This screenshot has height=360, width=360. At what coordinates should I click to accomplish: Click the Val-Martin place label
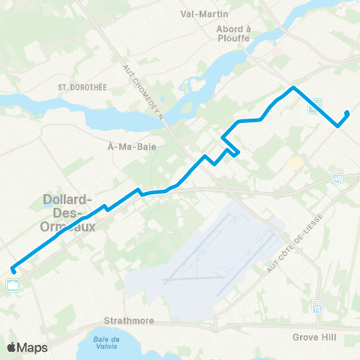(205, 13)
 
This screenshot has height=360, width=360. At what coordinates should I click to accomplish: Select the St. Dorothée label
(83, 87)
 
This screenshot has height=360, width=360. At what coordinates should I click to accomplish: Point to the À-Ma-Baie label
(132, 148)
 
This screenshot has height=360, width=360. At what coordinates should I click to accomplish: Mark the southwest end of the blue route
(13, 271)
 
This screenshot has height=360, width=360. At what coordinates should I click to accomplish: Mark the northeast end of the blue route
(347, 113)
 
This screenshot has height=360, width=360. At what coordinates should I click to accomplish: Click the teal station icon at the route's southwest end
(13, 284)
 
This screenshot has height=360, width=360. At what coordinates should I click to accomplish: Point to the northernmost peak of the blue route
(293, 88)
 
